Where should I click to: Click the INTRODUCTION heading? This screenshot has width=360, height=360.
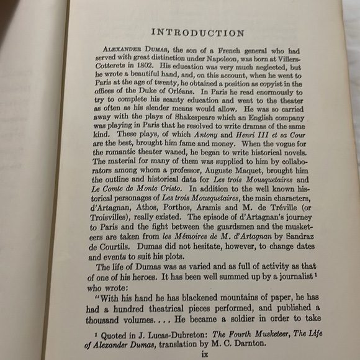pos(199,33)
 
